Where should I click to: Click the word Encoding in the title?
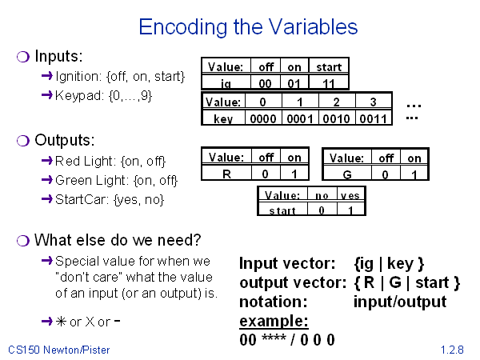pos(182,27)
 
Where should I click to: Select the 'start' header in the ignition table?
pos(329,67)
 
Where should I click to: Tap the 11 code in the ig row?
pos(329,83)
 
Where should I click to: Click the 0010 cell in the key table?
pos(336,118)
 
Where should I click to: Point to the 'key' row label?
pos(223,118)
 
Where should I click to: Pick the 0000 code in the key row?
pos(263,118)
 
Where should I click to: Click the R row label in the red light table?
pos(226,174)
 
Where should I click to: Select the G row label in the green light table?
pos(347,174)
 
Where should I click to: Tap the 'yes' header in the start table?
pos(350,195)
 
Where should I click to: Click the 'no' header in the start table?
pos(322,195)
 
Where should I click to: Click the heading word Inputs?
pos(58,56)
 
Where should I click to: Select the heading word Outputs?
pos(65,140)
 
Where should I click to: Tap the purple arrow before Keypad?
pos(47,95)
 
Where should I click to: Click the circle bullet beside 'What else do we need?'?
pos(23,241)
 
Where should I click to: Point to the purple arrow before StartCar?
pos(47,199)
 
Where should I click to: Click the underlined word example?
pos(274,321)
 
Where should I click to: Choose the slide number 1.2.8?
pos(452,350)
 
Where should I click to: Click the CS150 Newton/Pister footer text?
pos(58,350)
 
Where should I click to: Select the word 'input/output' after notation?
pos(400,302)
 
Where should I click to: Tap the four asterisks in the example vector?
pos(274,338)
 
